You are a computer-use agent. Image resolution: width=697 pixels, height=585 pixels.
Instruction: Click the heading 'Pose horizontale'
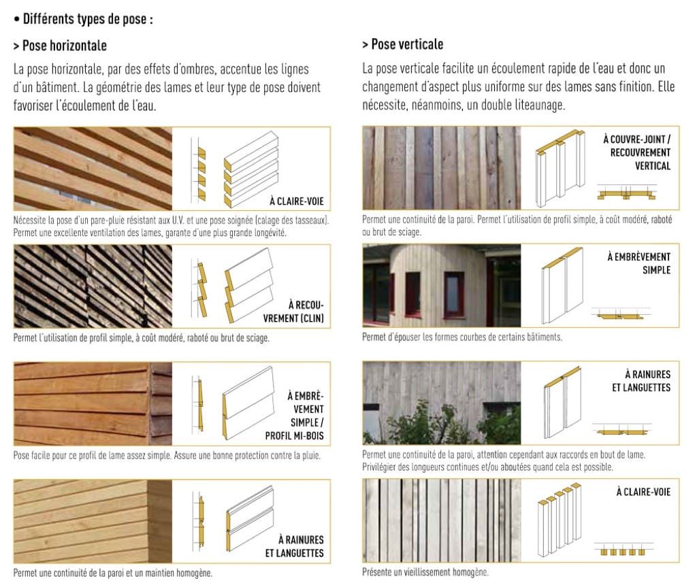point(65,46)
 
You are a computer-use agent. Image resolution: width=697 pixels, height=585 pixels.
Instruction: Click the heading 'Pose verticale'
point(407,44)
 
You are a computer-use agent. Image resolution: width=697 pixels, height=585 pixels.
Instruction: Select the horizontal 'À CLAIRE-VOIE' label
point(297,201)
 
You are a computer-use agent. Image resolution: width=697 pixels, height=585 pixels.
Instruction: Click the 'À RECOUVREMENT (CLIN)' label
point(293,312)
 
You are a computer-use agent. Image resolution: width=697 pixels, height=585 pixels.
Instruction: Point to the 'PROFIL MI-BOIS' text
point(294,436)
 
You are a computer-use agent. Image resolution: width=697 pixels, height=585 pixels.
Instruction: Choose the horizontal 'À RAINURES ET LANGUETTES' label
point(294,546)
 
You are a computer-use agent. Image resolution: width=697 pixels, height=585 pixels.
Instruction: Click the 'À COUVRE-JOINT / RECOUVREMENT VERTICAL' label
point(636,152)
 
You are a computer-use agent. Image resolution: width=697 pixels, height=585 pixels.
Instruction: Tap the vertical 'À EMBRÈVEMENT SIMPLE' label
point(638,263)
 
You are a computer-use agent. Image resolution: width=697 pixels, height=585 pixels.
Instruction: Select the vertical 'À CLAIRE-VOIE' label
point(643,492)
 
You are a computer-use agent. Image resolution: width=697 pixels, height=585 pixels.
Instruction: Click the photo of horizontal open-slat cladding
point(93,169)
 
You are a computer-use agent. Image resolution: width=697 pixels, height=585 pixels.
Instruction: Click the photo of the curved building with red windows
point(441,286)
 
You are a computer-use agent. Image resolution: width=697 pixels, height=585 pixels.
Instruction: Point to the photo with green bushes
point(441,403)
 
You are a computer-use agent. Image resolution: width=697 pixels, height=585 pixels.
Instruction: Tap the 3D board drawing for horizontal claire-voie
point(251,169)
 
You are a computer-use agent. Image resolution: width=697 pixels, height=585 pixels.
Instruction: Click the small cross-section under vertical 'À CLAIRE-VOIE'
point(623,548)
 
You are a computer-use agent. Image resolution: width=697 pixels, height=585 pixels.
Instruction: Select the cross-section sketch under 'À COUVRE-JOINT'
point(627,192)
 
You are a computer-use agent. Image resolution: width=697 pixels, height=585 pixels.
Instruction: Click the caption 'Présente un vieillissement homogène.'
point(425,572)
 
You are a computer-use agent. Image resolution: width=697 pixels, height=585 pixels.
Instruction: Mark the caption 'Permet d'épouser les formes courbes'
point(462,337)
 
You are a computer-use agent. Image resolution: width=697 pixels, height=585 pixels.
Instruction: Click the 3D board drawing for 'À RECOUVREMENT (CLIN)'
point(249,285)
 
